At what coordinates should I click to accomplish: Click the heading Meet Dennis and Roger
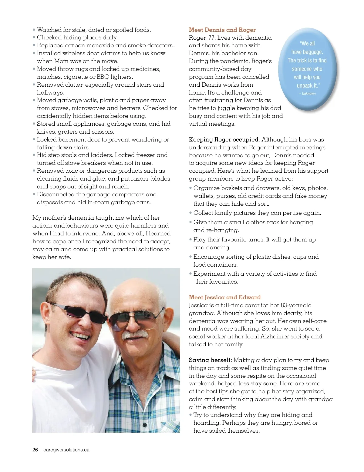click(222, 30)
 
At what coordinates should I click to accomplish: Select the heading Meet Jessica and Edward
click(224, 297)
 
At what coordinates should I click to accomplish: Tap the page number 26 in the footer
click(35, 450)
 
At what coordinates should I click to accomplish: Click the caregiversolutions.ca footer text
click(66, 450)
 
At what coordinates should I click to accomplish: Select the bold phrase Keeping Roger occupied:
click(224, 140)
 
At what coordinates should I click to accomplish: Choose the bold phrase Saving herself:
click(210, 360)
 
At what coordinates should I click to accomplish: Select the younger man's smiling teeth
click(79, 335)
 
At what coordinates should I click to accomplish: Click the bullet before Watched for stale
click(34, 30)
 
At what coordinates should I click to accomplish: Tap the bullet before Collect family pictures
click(190, 213)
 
